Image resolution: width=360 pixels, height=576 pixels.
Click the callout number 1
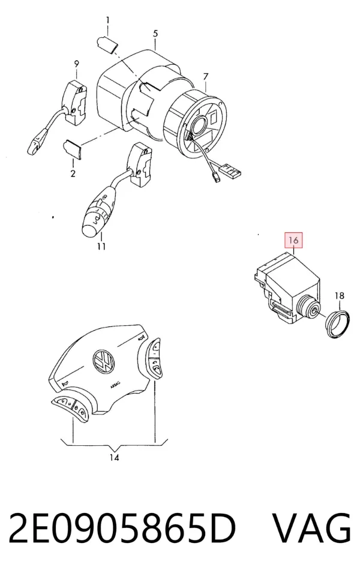107,20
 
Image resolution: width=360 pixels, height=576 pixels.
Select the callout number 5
155,34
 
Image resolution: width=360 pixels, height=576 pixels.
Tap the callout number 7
206,77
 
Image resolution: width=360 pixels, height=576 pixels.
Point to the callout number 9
76,64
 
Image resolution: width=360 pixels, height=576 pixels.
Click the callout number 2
73,173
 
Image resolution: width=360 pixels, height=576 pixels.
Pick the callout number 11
101,247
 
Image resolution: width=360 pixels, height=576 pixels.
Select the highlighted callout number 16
293,241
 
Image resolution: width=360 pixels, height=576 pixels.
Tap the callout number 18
340,295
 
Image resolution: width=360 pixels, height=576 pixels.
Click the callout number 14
114,457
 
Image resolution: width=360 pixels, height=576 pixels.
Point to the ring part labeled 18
337,324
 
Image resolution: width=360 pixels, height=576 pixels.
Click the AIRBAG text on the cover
116,386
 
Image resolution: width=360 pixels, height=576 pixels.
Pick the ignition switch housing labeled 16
287,289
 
